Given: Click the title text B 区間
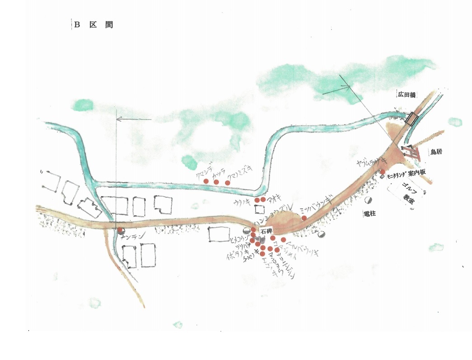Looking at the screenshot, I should click(x=93, y=25).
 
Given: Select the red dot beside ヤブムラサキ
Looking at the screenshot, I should click(x=382, y=171).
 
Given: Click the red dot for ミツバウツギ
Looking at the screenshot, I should click(x=304, y=218).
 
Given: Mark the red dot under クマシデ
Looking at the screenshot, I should click(x=206, y=181).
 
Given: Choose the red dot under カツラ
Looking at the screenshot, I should click(x=216, y=182).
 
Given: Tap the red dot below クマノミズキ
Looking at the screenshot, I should click(x=227, y=183).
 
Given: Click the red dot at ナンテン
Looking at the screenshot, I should click(x=120, y=230).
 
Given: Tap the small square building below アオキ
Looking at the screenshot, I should click(x=260, y=209).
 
